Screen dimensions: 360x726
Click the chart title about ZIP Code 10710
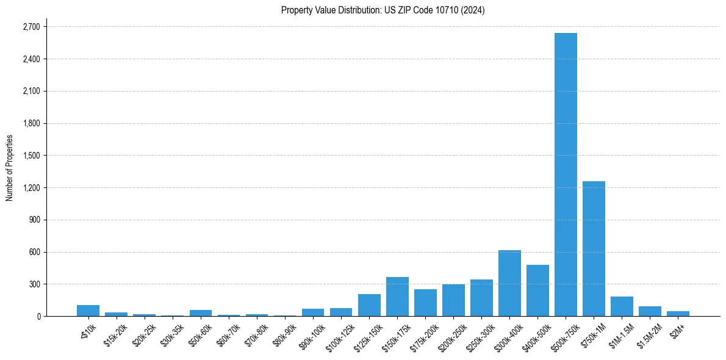[383, 10]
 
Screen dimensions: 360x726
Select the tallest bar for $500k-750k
[566, 175]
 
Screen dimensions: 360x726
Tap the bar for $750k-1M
[594, 248]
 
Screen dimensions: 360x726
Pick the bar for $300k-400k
[509, 283]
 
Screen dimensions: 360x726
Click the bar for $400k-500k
[537, 290]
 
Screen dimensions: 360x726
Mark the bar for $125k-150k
[369, 305]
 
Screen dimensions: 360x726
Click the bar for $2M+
[678, 314]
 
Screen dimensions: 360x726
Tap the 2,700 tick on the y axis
[31, 27]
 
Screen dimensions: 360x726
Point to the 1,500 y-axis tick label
[31, 156]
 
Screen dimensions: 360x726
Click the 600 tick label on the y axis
[34, 252]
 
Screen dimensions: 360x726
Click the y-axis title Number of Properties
[10, 168]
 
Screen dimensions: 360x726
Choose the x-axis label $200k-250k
[452, 336]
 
